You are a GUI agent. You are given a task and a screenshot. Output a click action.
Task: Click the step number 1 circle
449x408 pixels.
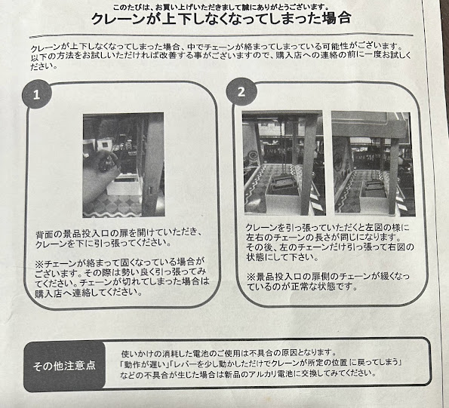37,94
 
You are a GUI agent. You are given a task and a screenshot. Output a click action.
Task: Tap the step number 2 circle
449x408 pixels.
241,92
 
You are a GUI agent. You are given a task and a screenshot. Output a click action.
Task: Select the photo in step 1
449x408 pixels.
124,165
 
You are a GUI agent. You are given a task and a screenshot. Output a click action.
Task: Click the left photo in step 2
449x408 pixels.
284,163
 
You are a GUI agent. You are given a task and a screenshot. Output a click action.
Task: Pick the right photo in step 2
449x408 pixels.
374,164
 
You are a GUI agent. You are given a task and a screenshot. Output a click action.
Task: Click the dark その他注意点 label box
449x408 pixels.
64,367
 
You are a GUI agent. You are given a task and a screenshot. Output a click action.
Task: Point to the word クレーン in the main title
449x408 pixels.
118,19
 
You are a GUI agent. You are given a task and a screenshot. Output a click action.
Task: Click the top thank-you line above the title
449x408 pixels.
220,7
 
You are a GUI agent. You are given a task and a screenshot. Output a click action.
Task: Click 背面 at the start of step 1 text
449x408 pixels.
44,235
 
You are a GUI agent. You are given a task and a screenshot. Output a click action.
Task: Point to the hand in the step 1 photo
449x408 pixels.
101,177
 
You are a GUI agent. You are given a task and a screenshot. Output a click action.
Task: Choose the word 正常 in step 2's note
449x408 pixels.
300,286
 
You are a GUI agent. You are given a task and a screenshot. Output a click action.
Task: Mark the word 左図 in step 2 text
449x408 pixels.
374,228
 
